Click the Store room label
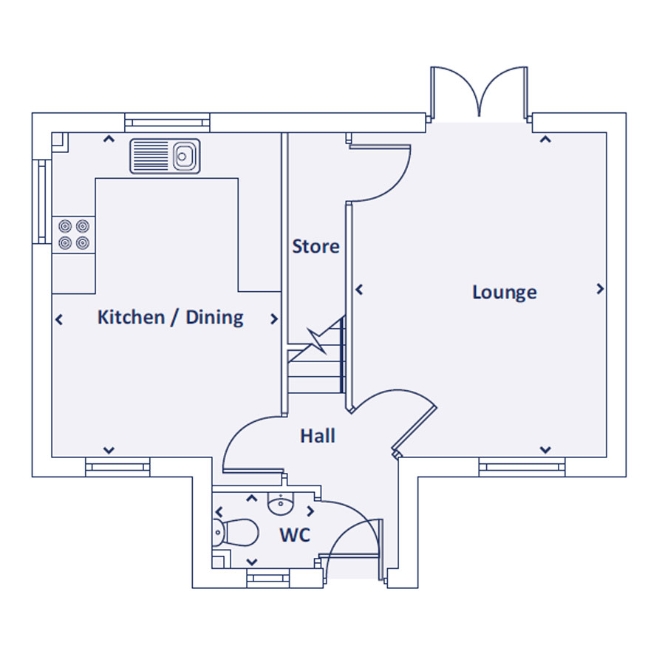point(316,246)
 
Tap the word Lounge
point(505,293)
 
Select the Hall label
point(318,435)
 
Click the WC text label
point(295,535)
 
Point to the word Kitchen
point(131,317)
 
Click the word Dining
point(214,318)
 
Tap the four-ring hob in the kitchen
point(74,234)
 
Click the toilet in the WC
point(236,533)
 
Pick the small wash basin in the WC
point(280,505)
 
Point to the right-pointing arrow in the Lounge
point(600,289)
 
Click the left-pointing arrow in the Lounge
point(359,290)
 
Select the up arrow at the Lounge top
point(545,139)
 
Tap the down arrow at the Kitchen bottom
point(109,450)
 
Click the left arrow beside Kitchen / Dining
point(59,319)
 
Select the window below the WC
point(268,579)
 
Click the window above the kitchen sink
point(168,123)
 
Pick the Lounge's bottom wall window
point(522,468)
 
